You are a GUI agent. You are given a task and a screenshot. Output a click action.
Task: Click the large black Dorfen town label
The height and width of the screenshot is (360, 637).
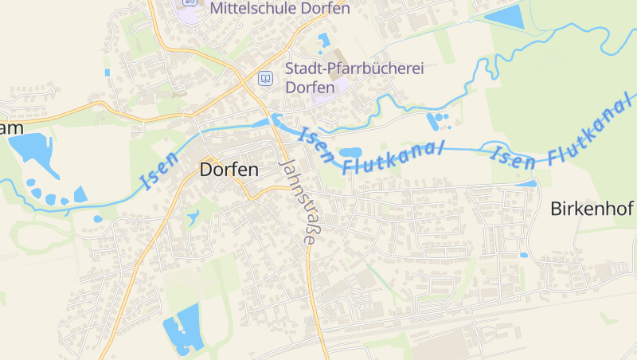[x=229, y=170]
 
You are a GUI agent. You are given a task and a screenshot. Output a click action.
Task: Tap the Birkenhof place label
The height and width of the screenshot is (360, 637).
[x=592, y=209]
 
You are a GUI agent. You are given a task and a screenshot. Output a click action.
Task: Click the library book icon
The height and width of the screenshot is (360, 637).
[x=265, y=78]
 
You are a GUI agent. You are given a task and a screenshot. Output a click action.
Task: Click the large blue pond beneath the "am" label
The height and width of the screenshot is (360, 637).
[x=30, y=149]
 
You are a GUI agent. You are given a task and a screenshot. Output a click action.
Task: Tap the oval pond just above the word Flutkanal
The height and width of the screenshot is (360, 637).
[x=350, y=151]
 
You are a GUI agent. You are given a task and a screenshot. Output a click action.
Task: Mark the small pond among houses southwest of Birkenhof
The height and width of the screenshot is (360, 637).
[x=523, y=255]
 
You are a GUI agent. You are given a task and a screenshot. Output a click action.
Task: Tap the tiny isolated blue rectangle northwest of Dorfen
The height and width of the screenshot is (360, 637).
[x=107, y=72]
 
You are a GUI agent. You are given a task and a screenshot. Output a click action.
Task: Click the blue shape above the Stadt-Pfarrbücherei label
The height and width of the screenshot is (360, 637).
[x=323, y=40]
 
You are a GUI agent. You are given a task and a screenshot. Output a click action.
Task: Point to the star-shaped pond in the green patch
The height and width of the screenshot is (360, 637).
[x=193, y=215]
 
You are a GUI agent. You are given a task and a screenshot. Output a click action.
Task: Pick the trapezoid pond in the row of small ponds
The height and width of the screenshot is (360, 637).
[x=80, y=194]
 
